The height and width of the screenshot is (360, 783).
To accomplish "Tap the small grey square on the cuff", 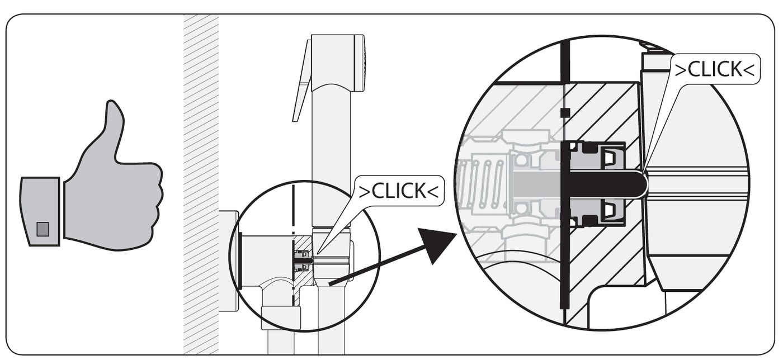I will point(43,229).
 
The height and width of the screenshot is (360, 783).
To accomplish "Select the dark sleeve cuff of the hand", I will point(40,211).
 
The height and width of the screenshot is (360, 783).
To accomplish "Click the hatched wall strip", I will point(201,184).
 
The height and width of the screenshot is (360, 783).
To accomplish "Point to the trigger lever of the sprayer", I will point(303,84).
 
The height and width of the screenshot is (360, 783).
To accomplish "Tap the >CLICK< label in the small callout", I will point(397,191).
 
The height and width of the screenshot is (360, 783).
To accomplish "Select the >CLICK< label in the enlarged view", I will point(714,69).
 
